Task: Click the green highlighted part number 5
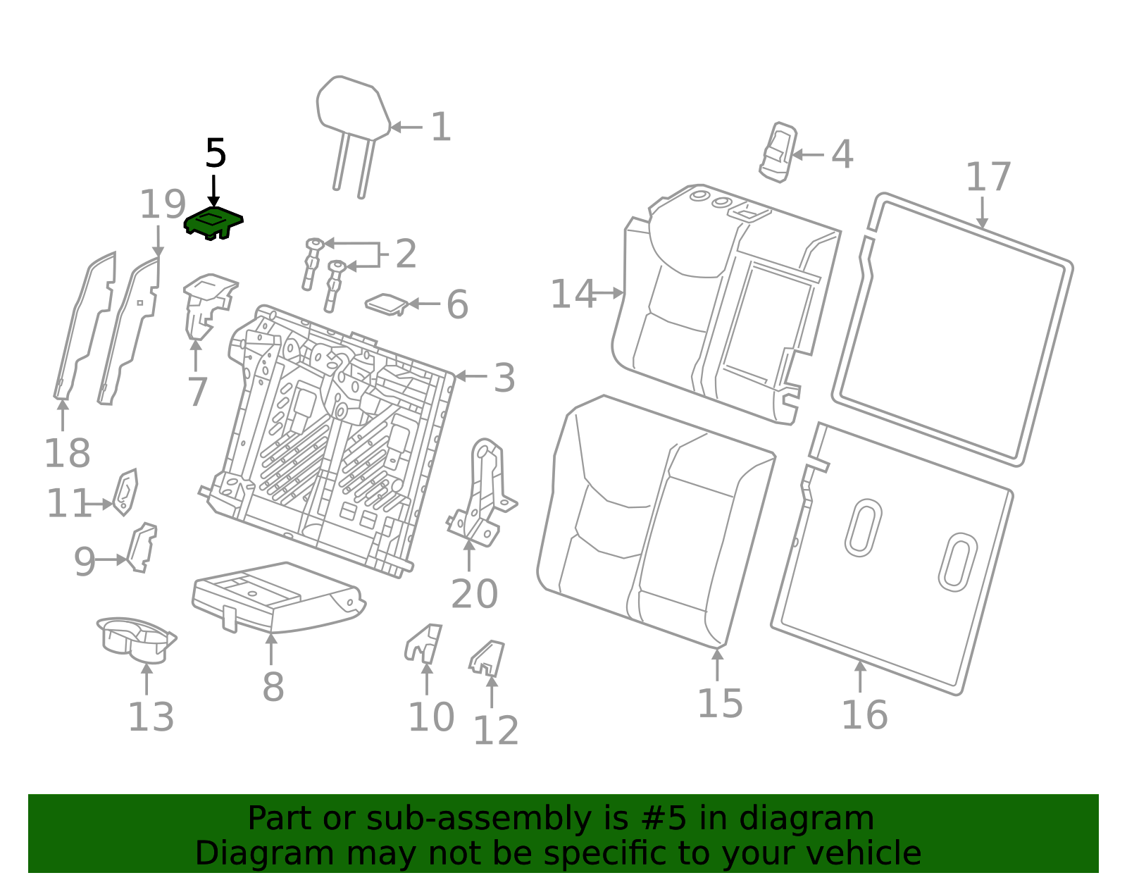point(213,223)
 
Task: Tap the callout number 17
point(988,177)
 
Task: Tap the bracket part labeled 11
point(126,492)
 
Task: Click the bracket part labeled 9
point(142,547)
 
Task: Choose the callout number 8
point(273,687)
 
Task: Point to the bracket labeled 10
point(424,643)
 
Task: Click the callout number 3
point(504,378)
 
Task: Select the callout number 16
point(864,715)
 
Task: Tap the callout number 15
point(720,703)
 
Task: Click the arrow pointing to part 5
point(213,190)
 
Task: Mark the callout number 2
point(406,254)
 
